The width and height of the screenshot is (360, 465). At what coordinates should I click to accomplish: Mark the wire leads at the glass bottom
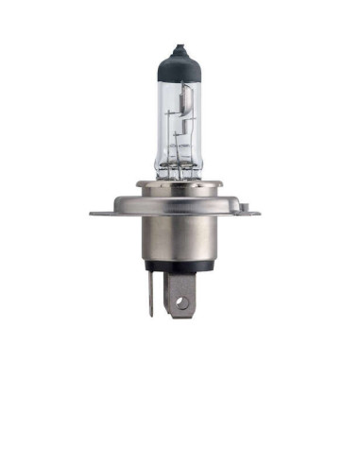[177, 171]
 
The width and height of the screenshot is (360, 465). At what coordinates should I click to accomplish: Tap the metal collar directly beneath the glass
[177, 183]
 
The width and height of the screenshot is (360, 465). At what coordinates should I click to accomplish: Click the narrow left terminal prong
[149, 293]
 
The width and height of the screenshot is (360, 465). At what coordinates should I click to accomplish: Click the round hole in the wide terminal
[182, 303]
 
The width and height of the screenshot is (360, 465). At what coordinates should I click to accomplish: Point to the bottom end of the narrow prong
[149, 314]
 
